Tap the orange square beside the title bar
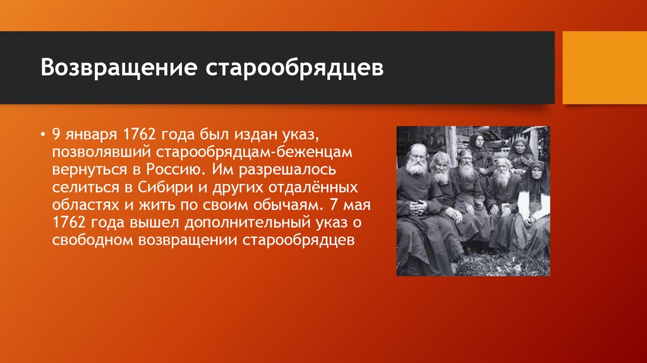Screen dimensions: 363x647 [604, 67]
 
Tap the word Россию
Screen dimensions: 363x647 [177, 170]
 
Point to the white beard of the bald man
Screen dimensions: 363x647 [416, 166]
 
